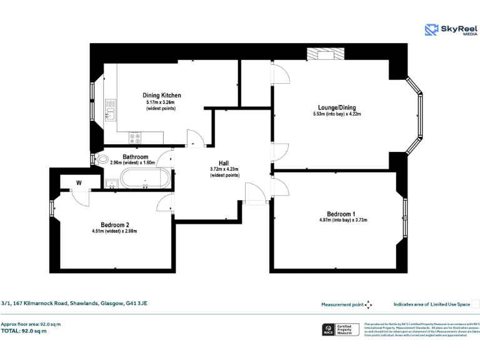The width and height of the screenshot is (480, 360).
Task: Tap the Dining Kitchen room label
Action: pos(161,95)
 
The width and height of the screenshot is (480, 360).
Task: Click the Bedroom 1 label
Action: pos(341,213)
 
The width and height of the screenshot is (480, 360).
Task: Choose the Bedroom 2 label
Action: pos(115,224)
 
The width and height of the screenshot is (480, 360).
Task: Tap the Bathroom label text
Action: pos(135,156)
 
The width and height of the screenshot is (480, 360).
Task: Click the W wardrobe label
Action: pos(79,182)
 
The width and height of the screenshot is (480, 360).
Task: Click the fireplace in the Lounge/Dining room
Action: pos(325,55)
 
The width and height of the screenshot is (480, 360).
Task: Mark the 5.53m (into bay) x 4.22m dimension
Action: pos(337,114)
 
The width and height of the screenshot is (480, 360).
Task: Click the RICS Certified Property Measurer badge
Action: pos(341,329)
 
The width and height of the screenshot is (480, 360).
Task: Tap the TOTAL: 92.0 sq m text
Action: pos(24,331)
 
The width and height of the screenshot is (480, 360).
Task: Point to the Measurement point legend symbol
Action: pos(368,305)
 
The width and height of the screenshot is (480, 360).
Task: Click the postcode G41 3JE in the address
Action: pos(136,303)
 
